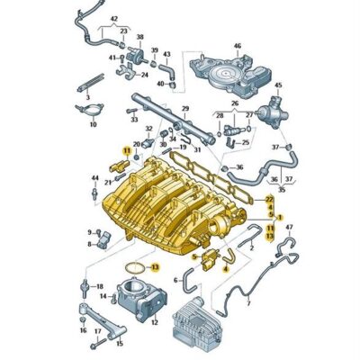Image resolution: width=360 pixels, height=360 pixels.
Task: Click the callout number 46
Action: pyautogui.click(x=237, y=45)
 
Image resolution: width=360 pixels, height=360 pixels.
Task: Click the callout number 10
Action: pyautogui.click(x=93, y=125)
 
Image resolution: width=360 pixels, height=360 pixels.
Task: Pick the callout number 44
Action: pyautogui.click(x=94, y=178)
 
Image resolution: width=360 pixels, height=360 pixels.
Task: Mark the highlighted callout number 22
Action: pyautogui.click(x=269, y=198)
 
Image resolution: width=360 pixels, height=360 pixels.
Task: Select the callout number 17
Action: pyautogui.click(x=95, y=330)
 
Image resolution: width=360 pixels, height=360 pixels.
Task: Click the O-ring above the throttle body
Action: pyautogui.click(x=133, y=268)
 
